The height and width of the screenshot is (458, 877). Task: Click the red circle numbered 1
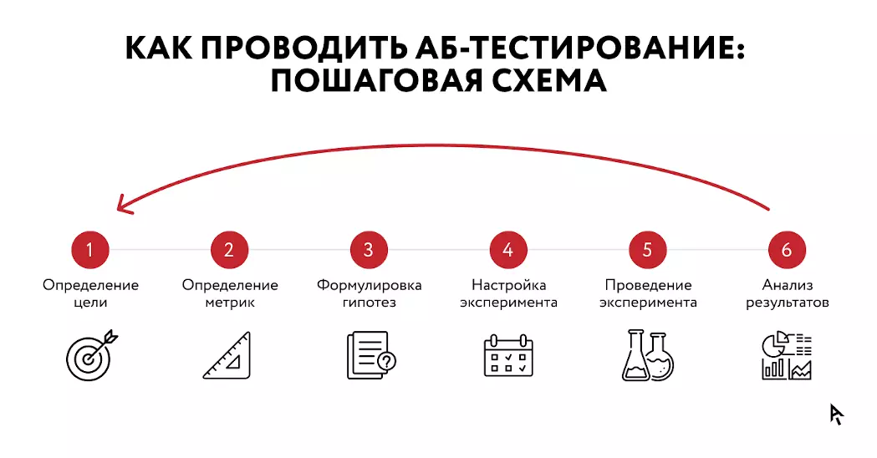[x=90, y=249]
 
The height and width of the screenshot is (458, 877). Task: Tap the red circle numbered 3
[x=369, y=249]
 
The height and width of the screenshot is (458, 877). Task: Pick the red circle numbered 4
[x=508, y=249]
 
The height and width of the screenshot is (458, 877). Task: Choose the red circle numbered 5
[x=647, y=249]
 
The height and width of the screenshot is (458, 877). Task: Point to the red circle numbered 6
[x=786, y=249]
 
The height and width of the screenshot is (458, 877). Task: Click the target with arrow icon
[x=91, y=355]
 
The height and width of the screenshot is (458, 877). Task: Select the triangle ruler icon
[x=228, y=356]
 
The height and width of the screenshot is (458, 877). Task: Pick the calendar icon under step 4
[x=507, y=355]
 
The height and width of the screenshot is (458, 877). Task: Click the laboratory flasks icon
[x=647, y=356]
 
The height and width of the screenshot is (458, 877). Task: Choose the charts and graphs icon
[x=787, y=356]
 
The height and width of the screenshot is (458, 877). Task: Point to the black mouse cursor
[x=836, y=414]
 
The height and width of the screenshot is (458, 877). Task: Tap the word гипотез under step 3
[x=369, y=303]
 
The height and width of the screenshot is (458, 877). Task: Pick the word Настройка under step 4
[x=508, y=285]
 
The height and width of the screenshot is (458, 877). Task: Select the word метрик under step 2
[x=230, y=303]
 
